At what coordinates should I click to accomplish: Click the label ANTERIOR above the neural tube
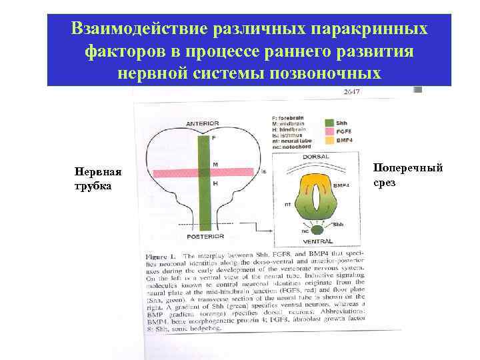[x=203, y=123]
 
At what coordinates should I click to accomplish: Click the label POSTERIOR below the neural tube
[x=203, y=236]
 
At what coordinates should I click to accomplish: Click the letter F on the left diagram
[x=215, y=138]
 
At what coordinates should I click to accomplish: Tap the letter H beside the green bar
[x=215, y=183]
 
